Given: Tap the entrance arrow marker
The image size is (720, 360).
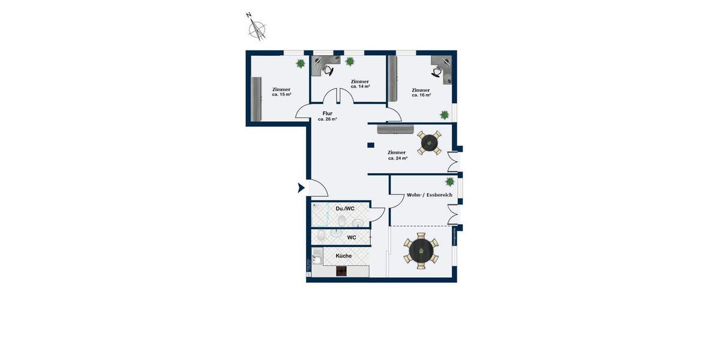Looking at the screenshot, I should (302, 188).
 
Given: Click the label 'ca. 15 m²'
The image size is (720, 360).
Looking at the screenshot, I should (281, 95).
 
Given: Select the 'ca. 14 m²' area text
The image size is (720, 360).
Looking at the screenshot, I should (360, 86).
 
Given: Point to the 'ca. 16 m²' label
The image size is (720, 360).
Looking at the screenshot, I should (421, 95).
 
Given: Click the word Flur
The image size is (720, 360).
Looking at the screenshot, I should (328, 113).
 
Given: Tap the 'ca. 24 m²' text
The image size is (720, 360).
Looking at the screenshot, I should (397, 158).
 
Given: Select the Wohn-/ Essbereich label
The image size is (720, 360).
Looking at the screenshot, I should (425, 196).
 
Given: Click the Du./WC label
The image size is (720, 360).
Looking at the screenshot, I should (344, 208).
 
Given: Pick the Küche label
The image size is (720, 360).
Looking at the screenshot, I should (344, 256).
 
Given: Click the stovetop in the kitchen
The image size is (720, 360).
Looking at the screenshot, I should (341, 271).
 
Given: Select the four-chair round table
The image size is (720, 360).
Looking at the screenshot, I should (430, 143).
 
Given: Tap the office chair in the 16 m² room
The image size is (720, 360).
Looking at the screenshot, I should (437, 71).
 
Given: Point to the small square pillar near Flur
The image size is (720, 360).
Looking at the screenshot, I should (371, 145).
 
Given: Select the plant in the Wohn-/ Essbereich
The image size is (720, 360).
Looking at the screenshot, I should (449, 182).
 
